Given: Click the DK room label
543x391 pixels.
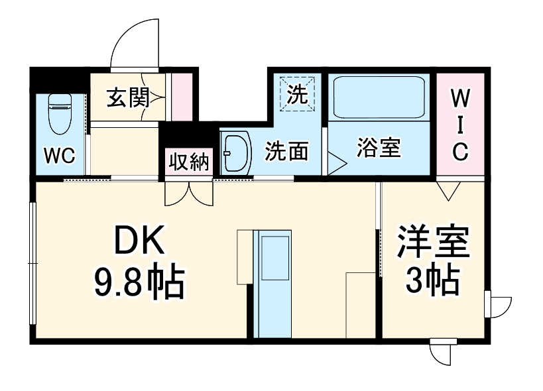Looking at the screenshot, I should (x=139, y=243).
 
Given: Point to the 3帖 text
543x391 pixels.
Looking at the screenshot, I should (x=434, y=281).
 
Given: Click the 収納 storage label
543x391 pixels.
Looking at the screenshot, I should (x=188, y=162).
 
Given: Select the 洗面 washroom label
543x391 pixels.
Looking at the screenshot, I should (x=286, y=152).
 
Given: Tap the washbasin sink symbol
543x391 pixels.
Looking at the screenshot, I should (x=235, y=153).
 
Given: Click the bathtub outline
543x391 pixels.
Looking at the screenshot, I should (x=379, y=97).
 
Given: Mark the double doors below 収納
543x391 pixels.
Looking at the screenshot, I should (x=188, y=192).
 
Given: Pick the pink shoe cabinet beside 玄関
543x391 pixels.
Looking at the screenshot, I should (x=182, y=97).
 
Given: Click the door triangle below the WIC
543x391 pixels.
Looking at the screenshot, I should (x=450, y=192).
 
